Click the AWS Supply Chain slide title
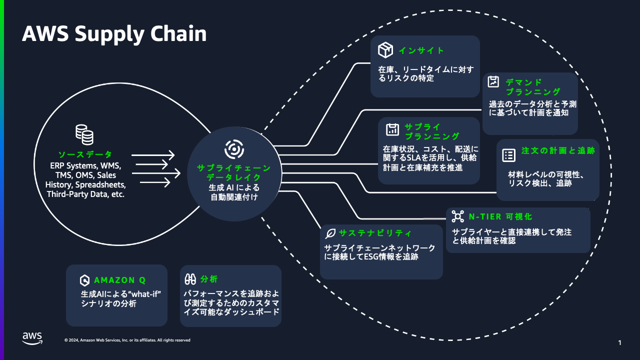click(x=114, y=34)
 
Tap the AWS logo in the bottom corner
click(x=32, y=338)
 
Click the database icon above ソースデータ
click(x=84, y=134)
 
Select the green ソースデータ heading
click(x=85, y=154)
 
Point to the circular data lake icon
click(x=233, y=149)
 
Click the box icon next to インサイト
click(x=385, y=50)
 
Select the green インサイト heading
click(x=421, y=50)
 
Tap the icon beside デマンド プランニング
click(x=493, y=82)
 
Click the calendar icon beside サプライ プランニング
click(x=392, y=129)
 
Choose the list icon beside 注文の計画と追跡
click(x=508, y=155)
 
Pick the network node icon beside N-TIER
click(x=457, y=216)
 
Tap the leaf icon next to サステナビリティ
click(x=330, y=233)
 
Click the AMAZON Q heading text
click(x=119, y=280)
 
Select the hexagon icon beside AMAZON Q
click(x=84, y=280)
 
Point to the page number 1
click(x=619, y=342)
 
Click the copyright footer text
click(x=127, y=340)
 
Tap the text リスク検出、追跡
click(x=540, y=183)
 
